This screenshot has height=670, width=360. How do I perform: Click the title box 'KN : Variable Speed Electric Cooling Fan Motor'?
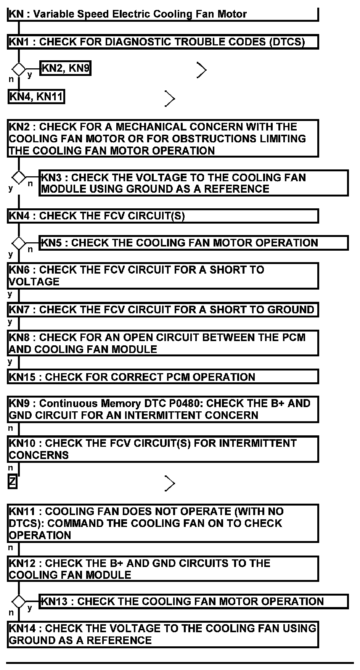coord(162,14)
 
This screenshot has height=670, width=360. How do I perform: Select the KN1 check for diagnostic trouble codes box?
coord(162,42)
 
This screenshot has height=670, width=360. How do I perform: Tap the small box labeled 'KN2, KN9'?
coord(65,69)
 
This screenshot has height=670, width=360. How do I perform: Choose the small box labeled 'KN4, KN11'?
coord(36,97)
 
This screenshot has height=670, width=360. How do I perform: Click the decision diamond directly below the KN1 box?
coord(18,69)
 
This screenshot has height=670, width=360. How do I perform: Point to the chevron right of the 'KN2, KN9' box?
coord(202,70)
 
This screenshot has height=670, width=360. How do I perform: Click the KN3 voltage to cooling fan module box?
coord(193,183)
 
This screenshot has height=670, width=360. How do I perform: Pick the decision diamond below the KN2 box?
coord(18,177)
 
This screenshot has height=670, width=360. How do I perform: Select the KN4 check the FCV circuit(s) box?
coord(162,216)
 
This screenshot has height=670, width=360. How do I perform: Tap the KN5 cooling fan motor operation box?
coord(193,243)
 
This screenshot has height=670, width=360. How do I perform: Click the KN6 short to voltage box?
coord(162,275)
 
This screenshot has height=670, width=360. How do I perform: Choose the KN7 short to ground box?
coord(162,309)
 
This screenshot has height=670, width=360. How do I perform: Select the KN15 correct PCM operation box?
coord(162,377)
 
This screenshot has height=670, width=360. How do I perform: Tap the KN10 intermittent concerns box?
coord(162,449)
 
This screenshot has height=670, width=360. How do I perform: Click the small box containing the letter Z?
coord(13,482)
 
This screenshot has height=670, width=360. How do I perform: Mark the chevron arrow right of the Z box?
coord(170,483)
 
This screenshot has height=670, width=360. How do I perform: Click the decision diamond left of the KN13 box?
coord(18,602)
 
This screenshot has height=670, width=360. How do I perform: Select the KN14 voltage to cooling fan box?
coord(162,634)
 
